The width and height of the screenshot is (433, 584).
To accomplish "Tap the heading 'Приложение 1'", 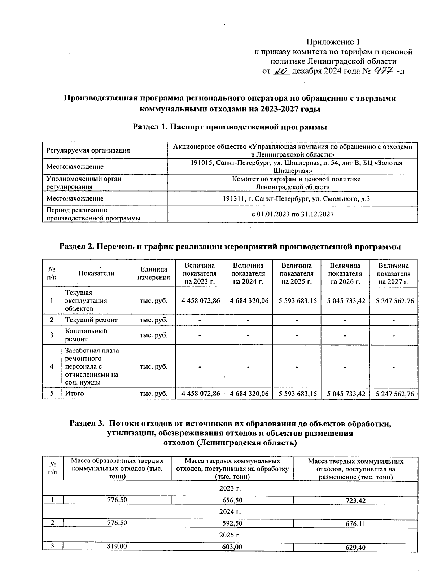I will coord(333,42).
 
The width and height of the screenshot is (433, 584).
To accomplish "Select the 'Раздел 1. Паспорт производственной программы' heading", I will coord(230,127).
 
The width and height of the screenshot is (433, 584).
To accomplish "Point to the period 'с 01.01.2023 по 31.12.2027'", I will coord(293,214).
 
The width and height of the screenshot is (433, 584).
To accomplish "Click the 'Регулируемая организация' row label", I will coord(88,150).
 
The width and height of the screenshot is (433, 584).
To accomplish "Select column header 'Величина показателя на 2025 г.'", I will coord(297,273).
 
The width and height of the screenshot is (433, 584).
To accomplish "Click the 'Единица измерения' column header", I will coord(154,273).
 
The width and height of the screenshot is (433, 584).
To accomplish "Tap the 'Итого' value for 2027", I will coord(394,394).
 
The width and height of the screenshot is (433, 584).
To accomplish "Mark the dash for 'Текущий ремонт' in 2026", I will coord(345,320).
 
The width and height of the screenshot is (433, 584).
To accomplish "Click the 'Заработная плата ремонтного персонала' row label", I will coord(92,366).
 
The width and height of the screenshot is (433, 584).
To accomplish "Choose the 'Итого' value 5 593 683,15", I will coord(297,394).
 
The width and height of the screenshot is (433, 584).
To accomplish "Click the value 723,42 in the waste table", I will coord(355,501).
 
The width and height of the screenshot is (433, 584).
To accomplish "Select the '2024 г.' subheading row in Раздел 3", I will coord(230,511).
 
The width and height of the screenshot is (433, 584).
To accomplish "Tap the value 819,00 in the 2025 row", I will coord(117,546).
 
